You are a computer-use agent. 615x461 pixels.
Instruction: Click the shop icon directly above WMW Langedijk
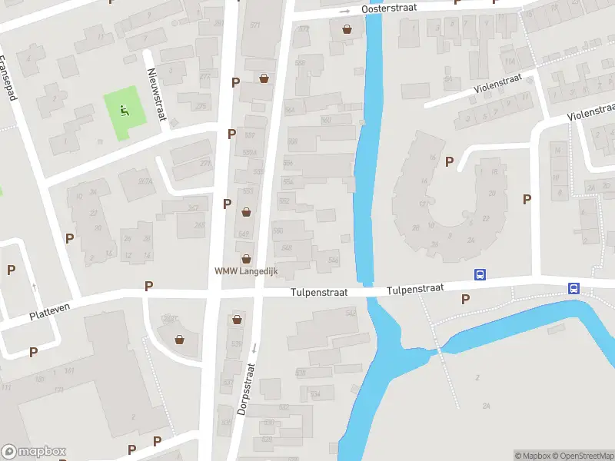coord(246,259)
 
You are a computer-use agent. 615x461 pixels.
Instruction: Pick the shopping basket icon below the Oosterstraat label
coord(347,29)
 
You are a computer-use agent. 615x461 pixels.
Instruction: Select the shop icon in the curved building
coord(180,339)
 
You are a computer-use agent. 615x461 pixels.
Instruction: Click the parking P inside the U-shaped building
coord(450,161)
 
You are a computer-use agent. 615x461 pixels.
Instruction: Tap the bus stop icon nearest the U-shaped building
coord(480,274)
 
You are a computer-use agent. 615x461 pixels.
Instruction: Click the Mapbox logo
coord(34,452)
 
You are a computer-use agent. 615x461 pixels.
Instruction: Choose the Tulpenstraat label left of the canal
coord(319,293)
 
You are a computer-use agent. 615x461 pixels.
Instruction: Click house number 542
coord(351,313)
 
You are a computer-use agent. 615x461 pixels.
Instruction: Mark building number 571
coord(254,25)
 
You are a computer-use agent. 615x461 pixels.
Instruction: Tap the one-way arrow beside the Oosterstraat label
coord(345,12)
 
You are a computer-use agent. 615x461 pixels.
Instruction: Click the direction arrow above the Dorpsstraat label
coord(253,348)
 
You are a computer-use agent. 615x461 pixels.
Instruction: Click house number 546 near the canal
coord(333,260)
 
